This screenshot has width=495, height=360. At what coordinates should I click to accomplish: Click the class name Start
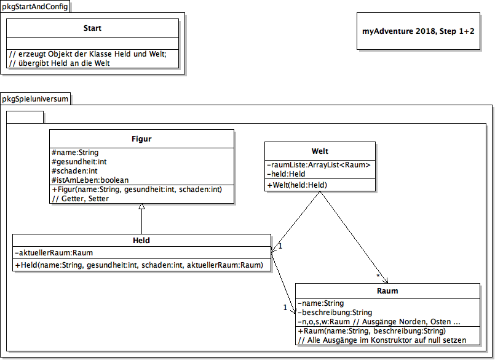92,28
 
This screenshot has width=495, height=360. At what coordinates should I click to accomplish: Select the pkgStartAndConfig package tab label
35,6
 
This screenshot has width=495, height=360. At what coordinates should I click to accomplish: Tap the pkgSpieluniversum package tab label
35,99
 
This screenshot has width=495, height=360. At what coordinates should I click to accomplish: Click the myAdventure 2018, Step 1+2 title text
418,31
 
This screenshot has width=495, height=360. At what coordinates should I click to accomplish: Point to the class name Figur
141,139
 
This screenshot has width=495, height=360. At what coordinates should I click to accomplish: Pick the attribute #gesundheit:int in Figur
79,162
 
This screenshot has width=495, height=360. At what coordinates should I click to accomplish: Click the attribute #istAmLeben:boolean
90,180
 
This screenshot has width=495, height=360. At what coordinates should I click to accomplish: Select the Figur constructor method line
137,190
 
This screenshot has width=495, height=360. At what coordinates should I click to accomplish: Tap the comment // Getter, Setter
81,199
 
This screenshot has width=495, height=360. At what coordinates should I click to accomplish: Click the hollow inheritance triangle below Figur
142,206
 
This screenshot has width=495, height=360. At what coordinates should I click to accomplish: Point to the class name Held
141,241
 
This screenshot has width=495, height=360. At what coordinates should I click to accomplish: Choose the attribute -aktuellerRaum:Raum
53,253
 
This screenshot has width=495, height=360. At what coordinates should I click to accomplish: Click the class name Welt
320,151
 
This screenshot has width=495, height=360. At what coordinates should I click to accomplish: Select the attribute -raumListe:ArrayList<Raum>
319,165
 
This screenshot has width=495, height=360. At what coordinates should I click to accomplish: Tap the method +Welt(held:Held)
297,185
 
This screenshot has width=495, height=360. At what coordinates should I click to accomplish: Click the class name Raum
387,291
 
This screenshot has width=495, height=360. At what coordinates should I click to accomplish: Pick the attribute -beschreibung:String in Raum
335,313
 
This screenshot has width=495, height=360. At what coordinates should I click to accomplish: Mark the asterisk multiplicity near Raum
378,276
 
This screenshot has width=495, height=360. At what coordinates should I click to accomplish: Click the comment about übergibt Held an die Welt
60,63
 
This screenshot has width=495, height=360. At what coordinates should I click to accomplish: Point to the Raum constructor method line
372,331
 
